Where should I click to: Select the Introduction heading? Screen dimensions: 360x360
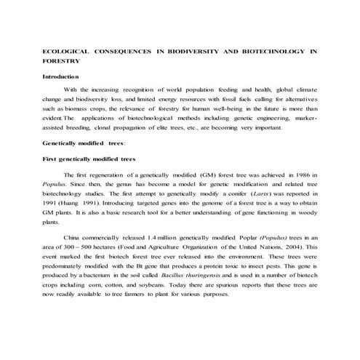61,76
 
